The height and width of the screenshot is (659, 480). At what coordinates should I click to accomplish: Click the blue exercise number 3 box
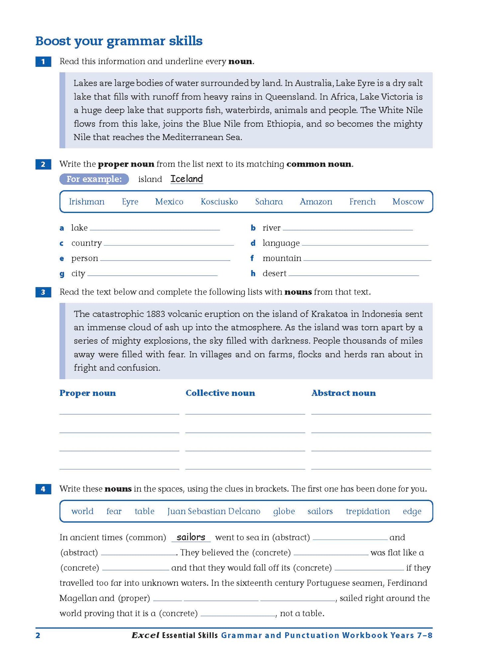tap(43, 292)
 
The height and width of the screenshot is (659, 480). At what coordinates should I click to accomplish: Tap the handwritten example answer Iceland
tap(187, 179)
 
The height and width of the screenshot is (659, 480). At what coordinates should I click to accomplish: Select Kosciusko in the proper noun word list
tap(219, 202)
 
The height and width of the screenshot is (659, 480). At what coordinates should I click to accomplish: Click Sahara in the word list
tap(269, 202)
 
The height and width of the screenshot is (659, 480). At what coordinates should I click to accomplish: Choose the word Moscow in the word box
tap(408, 202)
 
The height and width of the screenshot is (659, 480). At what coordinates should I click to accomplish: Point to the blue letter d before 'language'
tap(253, 243)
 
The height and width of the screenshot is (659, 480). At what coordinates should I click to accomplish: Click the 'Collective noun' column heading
tap(220, 393)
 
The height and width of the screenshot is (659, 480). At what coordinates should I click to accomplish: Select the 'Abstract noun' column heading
tap(343, 393)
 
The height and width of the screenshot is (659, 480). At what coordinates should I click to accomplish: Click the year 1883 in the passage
tap(155, 314)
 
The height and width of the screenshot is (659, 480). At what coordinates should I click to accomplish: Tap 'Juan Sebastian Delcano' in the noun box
tap(214, 511)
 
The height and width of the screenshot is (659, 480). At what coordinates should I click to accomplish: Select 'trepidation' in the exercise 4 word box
tap(368, 511)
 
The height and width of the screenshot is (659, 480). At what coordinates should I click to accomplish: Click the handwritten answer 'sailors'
tap(191, 537)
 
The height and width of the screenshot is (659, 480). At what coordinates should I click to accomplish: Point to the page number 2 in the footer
tap(38, 635)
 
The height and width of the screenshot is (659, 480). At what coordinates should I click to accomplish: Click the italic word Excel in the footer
tap(145, 635)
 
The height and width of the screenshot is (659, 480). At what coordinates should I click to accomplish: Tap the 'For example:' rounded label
tap(94, 179)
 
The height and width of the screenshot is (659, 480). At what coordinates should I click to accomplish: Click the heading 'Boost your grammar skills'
tap(119, 41)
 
